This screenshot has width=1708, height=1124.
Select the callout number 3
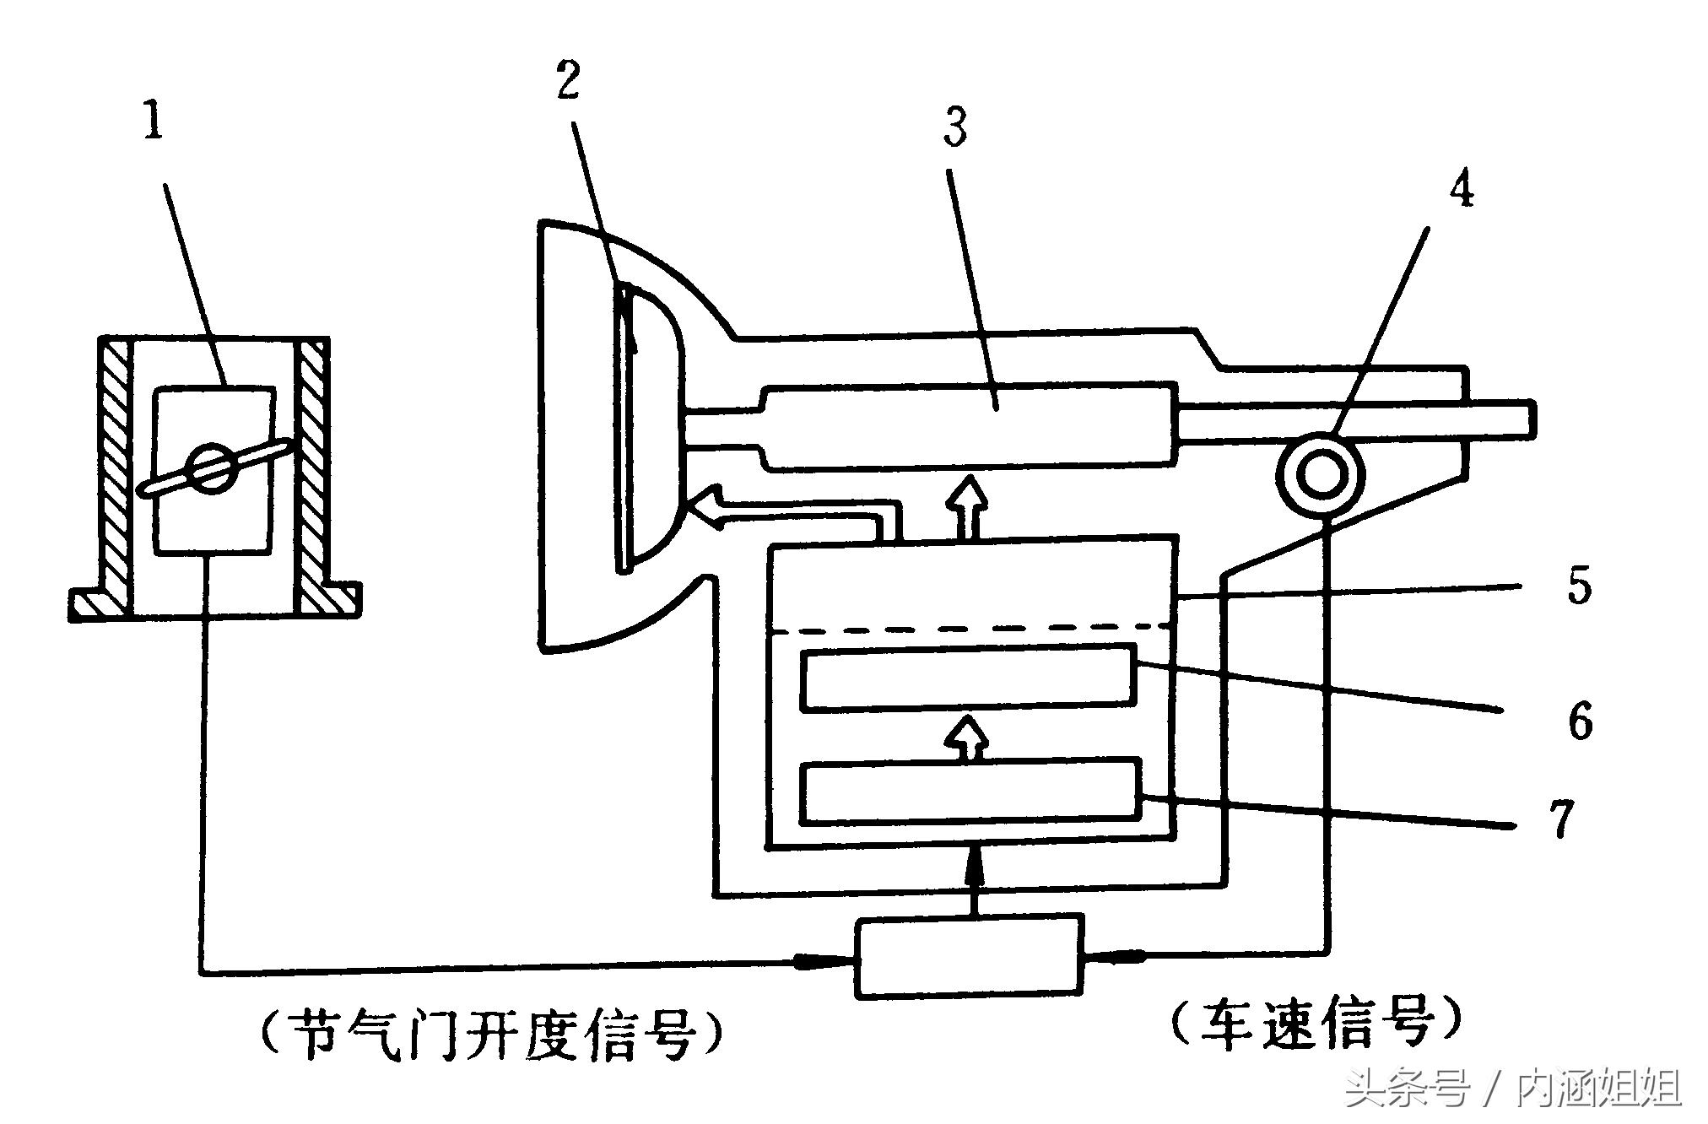pos(954,127)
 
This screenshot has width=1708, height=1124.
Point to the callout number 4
pos(1462,189)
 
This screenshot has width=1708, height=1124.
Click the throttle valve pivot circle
pos(211,467)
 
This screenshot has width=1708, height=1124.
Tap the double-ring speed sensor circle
pos(1321,474)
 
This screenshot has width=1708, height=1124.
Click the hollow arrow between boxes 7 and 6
pos(967,738)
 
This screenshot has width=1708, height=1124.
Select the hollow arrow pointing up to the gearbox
pos(967,505)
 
